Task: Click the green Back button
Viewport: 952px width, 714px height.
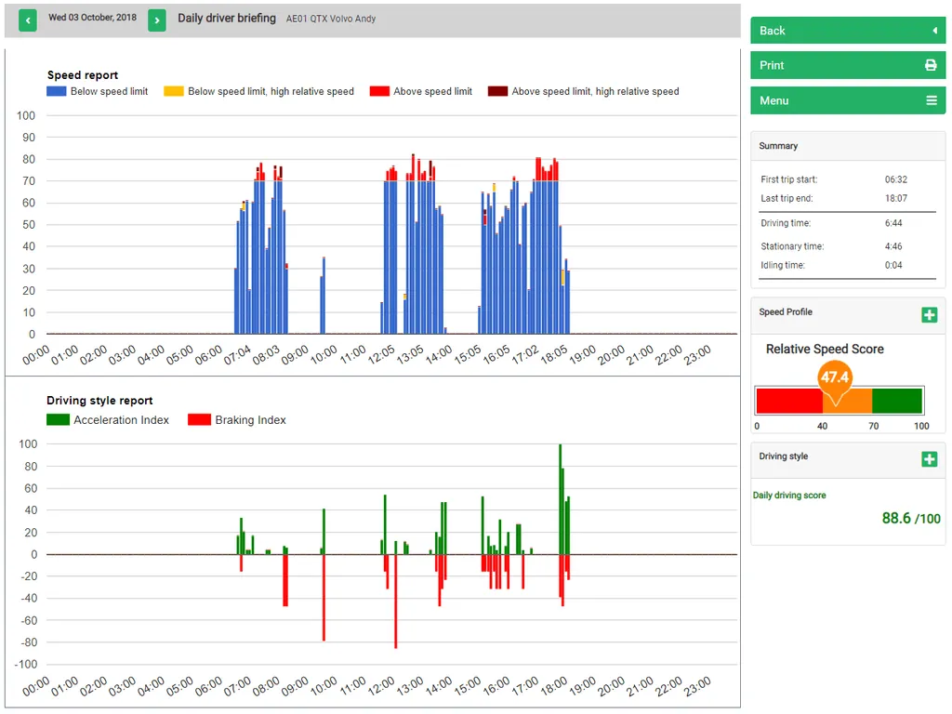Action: pyautogui.click(x=848, y=31)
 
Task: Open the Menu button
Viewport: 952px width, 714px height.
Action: pyautogui.click(x=848, y=100)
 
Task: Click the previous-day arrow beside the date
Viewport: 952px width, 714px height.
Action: pyautogui.click(x=27, y=20)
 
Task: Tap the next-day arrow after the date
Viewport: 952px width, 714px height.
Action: pyautogui.click(x=156, y=20)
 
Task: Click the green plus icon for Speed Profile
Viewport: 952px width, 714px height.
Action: pyautogui.click(x=929, y=314)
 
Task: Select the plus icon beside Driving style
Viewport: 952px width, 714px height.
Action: pyautogui.click(x=929, y=459)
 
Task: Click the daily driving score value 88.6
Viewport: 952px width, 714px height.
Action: pyautogui.click(x=896, y=518)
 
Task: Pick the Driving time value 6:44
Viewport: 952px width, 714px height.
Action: pyautogui.click(x=893, y=223)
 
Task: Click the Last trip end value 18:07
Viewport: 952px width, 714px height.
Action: pyautogui.click(x=895, y=198)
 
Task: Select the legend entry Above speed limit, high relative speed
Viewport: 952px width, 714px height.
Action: pyautogui.click(x=584, y=92)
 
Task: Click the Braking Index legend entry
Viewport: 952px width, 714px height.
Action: pyautogui.click(x=237, y=419)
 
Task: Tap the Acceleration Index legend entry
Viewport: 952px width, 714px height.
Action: pyautogui.click(x=108, y=419)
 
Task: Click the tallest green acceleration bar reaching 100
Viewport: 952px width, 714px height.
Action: pyautogui.click(x=560, y=499)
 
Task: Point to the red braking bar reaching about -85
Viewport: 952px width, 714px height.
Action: pyautogui.click(x=396, y=602)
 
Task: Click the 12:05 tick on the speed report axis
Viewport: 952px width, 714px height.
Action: pyautogui.click(x=382, y=354)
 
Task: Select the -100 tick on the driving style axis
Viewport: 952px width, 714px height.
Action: pyautogui.click(x=25, y=664)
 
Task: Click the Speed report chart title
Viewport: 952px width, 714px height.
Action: pyautogui.click(x=83, y=74)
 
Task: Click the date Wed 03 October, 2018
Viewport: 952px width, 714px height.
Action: pyautogui.click(x=92, y=18)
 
